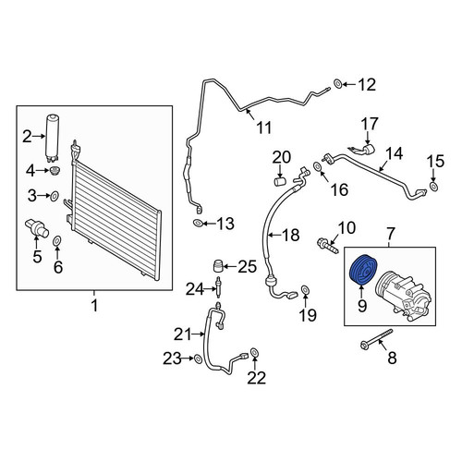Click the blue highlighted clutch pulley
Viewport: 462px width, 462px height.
tap(363, 270)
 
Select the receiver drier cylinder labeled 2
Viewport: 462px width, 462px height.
tap(53, 138)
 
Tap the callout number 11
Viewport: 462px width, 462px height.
tap(263, 128)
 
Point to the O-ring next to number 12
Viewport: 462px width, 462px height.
tap(337, 83)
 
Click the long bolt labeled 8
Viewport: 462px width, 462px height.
tap(376, 340)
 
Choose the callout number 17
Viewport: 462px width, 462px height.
tap(370, 123)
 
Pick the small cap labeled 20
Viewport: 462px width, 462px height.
tap(280, 181)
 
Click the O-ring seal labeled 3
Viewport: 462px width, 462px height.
tap(55, 196)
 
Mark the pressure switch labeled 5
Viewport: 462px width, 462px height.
tap(36, 228)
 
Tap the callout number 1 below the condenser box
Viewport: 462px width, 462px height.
tap(94, 306)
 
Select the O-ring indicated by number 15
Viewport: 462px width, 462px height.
tap(433, 187)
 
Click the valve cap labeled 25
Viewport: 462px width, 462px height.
tap(218, 266)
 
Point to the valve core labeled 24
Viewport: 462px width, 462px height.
tap(218, 287)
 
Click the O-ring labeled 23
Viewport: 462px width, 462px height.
tap(198, 359)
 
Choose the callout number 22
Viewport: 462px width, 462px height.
tap(256, 378)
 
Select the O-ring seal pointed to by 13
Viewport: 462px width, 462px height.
tap(198, 223)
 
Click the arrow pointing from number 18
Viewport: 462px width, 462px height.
tap(274, 236)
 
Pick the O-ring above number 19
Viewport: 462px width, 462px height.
tap(305, 290)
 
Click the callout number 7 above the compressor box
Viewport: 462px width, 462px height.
tap(390, 234)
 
